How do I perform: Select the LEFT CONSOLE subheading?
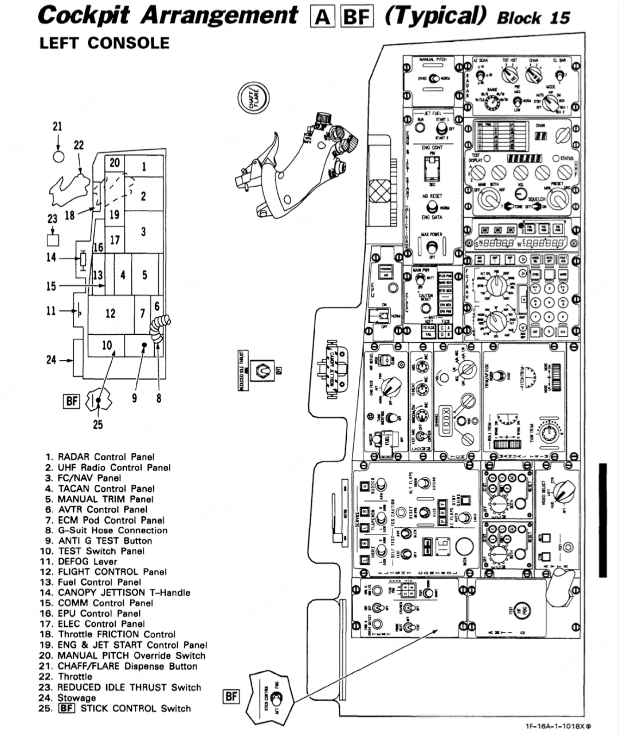(x=104, y=44)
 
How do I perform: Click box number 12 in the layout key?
(x=110, y=313)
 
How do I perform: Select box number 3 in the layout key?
(x=143, y=231)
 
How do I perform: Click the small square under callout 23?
(x=53, y=239)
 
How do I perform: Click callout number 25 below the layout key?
(x=98, y=424)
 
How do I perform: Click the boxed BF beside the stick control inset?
(x=230, y=696)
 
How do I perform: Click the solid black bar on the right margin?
(x=602, y=520)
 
